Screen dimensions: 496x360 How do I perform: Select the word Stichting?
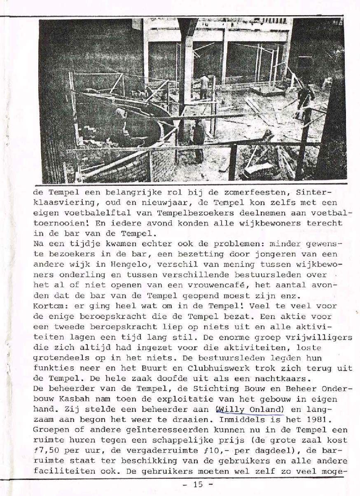point(194,389)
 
